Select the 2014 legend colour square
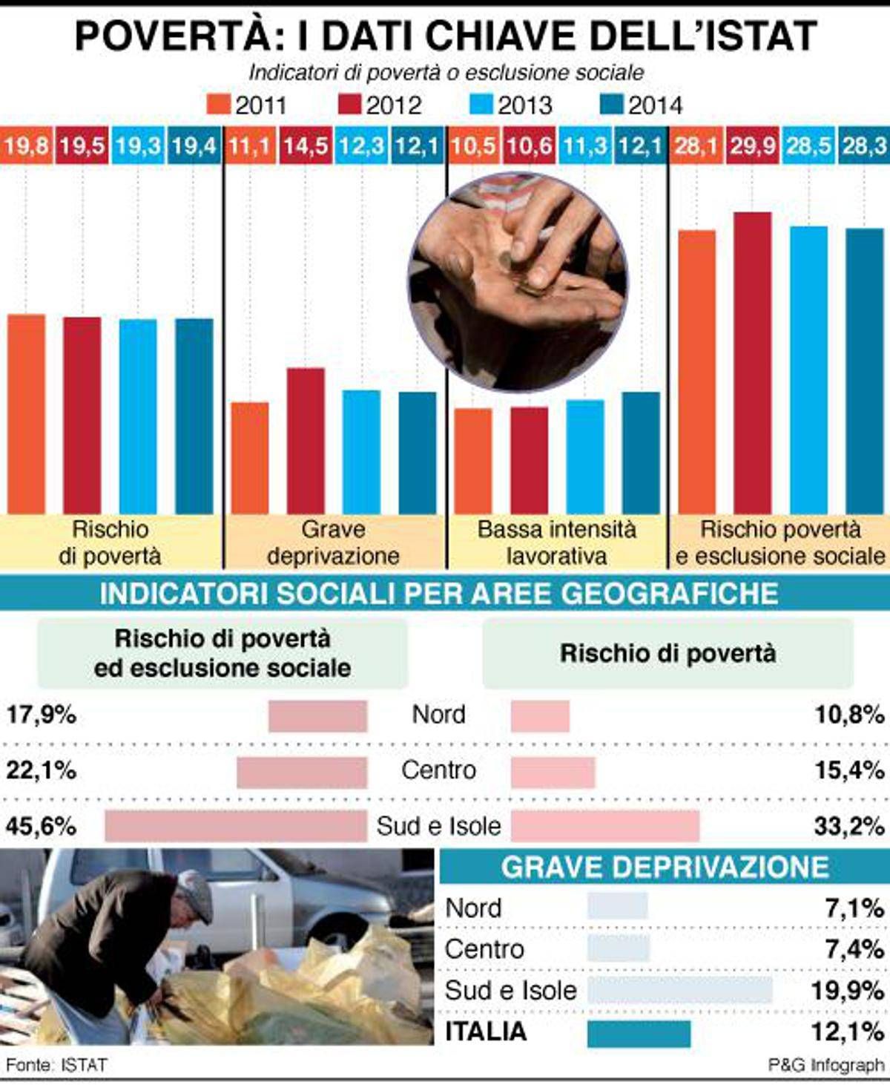[x=612, y=105]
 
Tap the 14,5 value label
[x=306, y=146]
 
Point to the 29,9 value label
[x=752, y=146]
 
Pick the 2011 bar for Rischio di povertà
[x=26, y=413]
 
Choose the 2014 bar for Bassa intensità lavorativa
[x=641, y=452]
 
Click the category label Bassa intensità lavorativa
[x=556, y=542]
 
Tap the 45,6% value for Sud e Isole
[x=42, y=826]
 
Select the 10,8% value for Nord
[x=849, y=715]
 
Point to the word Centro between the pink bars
[x=438, y=770]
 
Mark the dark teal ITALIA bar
[x=639, y=1033]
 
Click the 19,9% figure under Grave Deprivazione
[x=847, y=991]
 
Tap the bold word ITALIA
[x=486, y=1032]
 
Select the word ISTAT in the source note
[x=85, y=1065]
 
